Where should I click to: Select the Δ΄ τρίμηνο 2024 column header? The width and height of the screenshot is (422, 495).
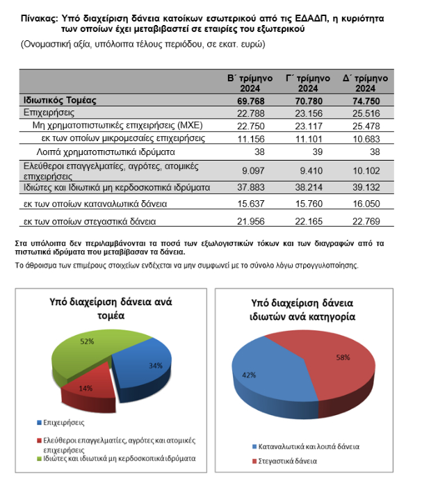(370, 83)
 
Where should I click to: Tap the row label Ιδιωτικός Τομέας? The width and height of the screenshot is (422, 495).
(59, 101)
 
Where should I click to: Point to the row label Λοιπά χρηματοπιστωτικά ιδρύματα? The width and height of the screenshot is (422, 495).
(106, 151)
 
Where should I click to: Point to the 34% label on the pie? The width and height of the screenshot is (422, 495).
(156, 366)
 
